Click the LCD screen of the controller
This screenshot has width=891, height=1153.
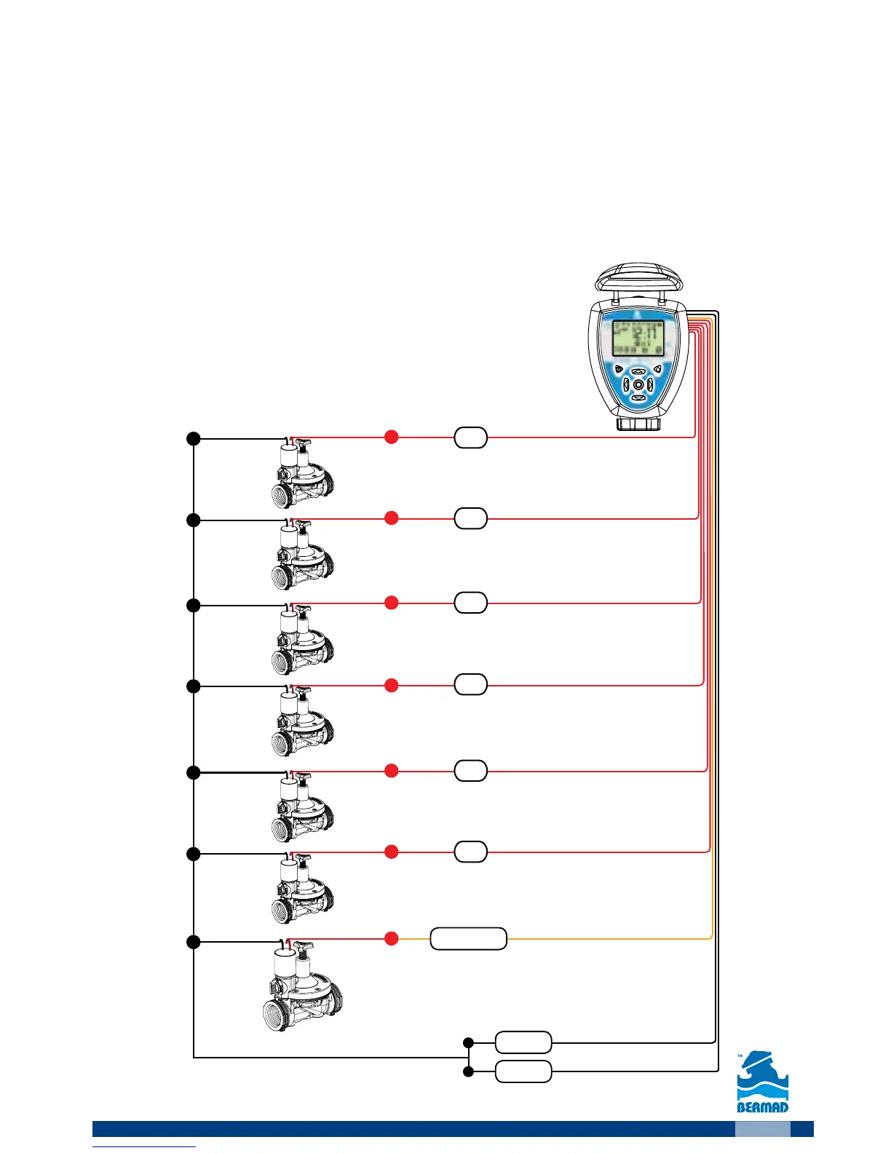coord(638,338)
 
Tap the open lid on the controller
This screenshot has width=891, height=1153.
coord(638,280)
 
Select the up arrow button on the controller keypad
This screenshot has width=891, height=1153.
coord(638,371)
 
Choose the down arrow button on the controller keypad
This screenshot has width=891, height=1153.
coord(638,398)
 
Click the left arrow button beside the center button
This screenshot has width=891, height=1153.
coord(626,384)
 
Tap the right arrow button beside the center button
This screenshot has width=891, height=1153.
coord(650,384)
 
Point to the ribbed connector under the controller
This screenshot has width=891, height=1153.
coord(638,424)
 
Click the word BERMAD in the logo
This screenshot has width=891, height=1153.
coord(763,1107)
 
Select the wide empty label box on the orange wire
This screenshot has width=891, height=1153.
coord(468,939)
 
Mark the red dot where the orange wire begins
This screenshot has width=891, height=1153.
coord(391,938)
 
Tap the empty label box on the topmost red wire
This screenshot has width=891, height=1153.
coord(470,437)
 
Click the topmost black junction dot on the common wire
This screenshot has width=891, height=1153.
coord(193,438)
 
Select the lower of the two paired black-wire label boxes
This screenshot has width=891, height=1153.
coord(523,1071)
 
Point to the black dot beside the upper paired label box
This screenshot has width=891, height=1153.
coord(468,1043)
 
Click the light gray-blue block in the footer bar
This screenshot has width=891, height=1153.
coord(762,1129)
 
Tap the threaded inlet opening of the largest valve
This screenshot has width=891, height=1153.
coord(279,1014)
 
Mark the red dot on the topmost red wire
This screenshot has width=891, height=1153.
coord(391,437)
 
